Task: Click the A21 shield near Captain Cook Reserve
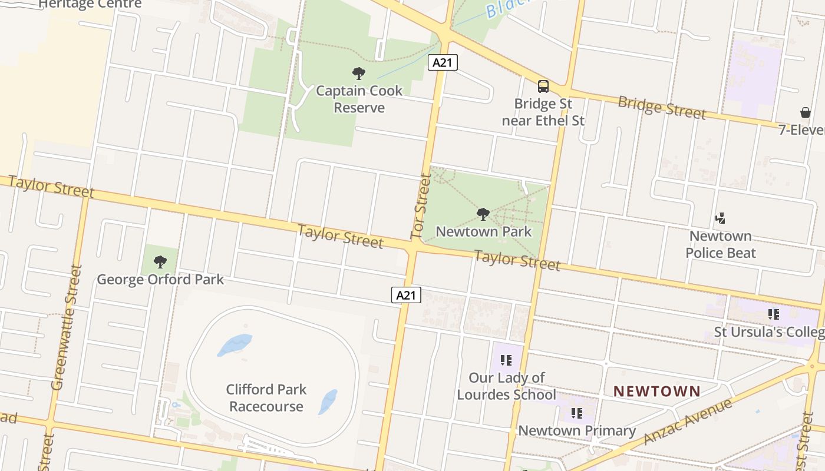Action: point(443,62)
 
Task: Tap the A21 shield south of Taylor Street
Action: point(406,295)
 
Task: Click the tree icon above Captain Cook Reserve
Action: point(358,74)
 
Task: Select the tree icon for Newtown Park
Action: point(483,214)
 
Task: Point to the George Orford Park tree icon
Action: point(160,261)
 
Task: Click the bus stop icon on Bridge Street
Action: point(543,87)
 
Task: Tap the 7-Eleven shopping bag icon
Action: point(805,112)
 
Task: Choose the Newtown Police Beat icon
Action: point(720,218)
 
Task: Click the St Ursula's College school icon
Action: point(773,314)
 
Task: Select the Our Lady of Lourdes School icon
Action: point(506,360)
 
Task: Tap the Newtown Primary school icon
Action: point(576,413)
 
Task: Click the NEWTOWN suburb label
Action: point(657,391)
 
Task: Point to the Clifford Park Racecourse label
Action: point(266,398)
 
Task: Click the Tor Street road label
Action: point(421,206)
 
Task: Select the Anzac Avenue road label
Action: point(688,422)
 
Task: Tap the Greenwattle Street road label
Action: point(67,327)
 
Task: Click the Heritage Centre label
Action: point(90,4)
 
